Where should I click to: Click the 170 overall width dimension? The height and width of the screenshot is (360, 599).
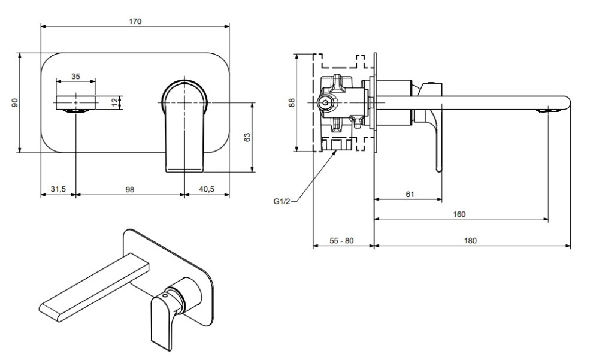click(135, 22)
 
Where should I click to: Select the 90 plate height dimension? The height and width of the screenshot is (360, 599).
click(15, 102)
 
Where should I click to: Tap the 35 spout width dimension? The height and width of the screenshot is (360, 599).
click(75, 76)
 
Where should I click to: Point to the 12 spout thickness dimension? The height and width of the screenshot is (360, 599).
click(114, 102)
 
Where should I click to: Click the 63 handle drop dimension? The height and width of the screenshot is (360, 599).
click(247, 137)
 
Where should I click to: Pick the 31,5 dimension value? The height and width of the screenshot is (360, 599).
click(58, 189)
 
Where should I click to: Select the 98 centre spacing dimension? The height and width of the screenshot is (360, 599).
click(130, 189)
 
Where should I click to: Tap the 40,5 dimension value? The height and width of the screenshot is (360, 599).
click(207, 189)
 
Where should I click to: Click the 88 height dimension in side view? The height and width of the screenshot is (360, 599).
click(292, 102)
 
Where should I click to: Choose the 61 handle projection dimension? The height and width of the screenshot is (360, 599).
click(410, 195)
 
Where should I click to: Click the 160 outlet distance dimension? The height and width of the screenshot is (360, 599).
click(459, 214)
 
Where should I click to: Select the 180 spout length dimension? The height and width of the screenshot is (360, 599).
click(470, 240)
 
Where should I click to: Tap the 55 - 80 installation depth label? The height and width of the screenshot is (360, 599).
click(343, 240)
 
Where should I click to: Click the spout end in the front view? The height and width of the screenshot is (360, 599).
click(75, 102)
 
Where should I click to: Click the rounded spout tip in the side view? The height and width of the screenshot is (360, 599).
click(563, 102)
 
